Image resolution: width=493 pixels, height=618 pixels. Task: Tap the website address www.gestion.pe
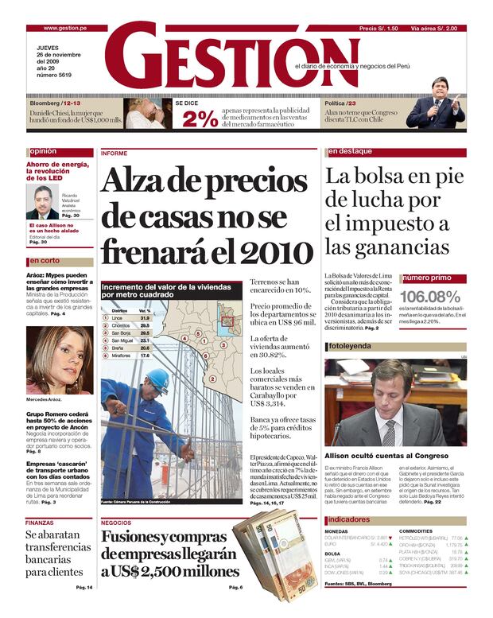point(64,28)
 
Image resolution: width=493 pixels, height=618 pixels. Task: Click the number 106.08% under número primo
point(430,296)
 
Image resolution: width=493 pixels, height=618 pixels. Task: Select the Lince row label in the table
point(117,317)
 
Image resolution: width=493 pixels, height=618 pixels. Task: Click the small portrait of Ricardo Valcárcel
point(42,203)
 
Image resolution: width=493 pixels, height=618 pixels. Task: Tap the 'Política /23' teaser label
point(340,103)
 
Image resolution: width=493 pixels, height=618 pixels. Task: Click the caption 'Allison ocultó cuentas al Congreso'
point(379,456)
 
